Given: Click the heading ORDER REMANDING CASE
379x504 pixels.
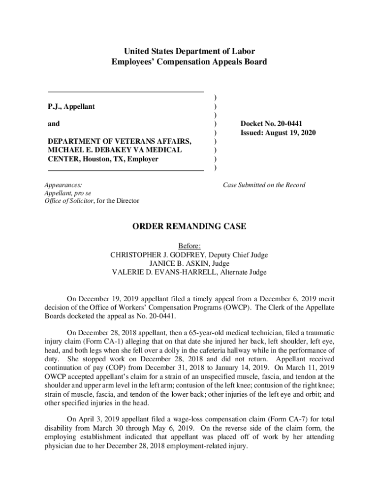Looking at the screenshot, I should click(189, 226).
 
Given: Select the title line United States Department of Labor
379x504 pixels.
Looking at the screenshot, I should click(189, 51).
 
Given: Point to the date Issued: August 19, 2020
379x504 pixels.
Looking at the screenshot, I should click(278, 133).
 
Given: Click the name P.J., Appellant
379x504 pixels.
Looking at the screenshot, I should click(71, 106).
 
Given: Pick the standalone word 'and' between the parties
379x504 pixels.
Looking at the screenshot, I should click(53, 124).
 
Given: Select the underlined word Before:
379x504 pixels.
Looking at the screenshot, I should click(189, 246).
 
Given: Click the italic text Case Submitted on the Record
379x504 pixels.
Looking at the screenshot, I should click(264, 185).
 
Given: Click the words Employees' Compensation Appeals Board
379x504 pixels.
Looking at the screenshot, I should click(189, 62).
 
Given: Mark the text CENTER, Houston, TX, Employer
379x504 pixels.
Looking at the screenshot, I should click(103, 159).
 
